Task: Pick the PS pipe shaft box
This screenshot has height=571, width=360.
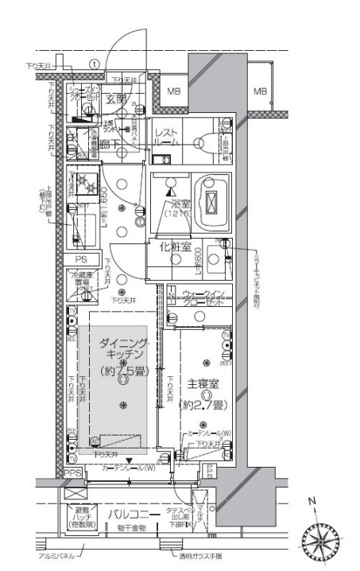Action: (x=81, y=259)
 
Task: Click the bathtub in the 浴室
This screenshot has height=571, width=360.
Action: (x=211, y=203)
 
